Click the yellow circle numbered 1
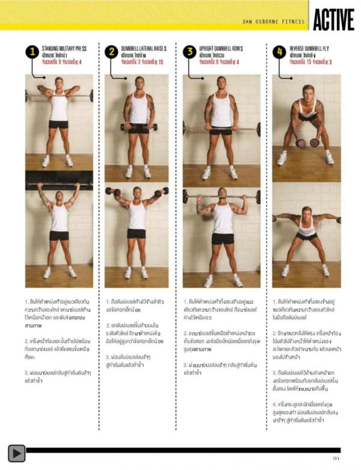pyautogui.click(x=32, y=52)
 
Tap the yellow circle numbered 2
pyautogui.click(x=111, y=52)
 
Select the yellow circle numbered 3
pyautogui.click(x=190, y=52)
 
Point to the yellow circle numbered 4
pyautogui.click(x=279, y=52)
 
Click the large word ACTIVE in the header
pyautogui.click(x=333, y=19)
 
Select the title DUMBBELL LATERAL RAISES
pyautogui.click(x=144, y=48)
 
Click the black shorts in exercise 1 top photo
pyautogui.click(x=59, y=125)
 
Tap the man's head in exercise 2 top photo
pyautogui.click(x=139, y=82)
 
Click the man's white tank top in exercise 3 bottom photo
pyautogui.click(x=223, y=218)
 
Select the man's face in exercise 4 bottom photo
pyautogui.click(x=307, y=215)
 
